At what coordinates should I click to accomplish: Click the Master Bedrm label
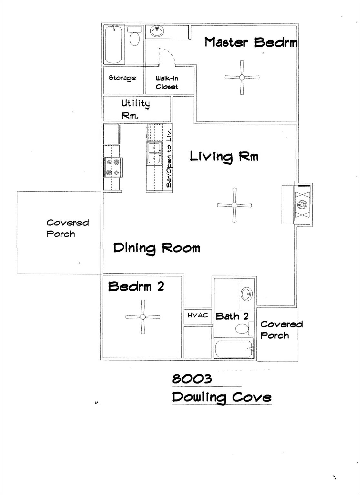coord(251,42)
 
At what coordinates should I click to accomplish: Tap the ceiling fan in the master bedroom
coord(242,77)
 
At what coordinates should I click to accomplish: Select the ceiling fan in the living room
coord(235,205)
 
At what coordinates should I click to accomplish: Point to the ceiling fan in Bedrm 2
coord(143,317)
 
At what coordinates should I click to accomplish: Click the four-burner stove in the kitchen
coord(113,168)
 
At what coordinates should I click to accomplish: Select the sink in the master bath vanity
coord(157,31)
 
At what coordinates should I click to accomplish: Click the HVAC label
coord(198,315)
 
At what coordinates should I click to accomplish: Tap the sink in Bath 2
coord(247,294)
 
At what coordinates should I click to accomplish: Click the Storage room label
coord(122,78)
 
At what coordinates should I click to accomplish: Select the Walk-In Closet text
coord(167,82)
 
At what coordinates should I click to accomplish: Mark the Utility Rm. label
coord(135,109)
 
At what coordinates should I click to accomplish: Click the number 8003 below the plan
coord(192,379)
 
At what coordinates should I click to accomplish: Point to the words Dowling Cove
coord(222,397)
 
